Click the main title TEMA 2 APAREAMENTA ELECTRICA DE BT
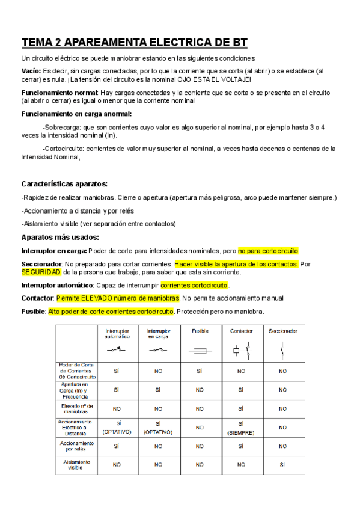pos(134,42)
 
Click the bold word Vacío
pos(31,70)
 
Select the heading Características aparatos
pos(64,184)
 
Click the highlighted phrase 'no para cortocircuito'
pos(268,251)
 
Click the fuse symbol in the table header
pos(200,350)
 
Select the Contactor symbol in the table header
pos(240,350)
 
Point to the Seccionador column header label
pos(282,331)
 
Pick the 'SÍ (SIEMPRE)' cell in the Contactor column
pos(240,428)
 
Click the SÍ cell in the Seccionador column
pos(282,464)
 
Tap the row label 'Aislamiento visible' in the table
pos(76,464)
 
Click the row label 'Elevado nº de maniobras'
pos(76,408)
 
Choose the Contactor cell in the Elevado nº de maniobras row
pos(240,408)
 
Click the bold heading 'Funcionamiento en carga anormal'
pos(76,114)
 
